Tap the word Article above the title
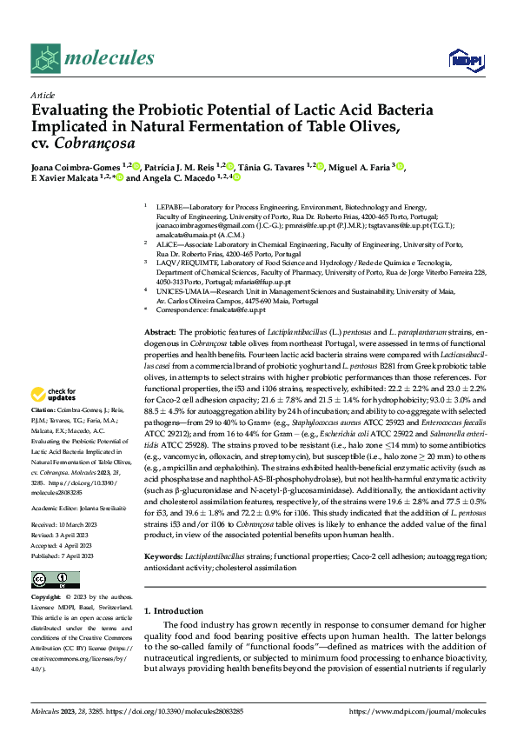tap(43, 95)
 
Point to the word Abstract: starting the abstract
tap(160, 332)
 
